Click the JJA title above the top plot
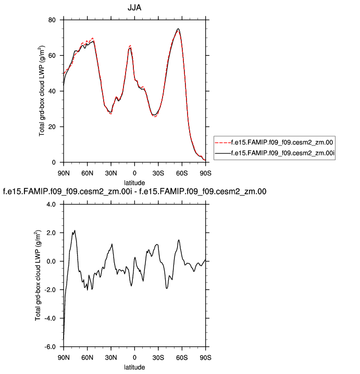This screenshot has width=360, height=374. (x=134, y=8)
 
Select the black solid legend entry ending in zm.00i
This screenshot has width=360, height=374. (x=276, y=153)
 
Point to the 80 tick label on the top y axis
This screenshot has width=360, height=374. (x=52, y=20)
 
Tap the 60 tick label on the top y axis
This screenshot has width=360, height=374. (x=52, y=55)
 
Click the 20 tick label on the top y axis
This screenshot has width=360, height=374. (x=52, y=127)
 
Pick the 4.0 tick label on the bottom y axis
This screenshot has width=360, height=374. (x=51, y=204)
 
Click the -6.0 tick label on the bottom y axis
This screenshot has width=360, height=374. (x=49, y=347)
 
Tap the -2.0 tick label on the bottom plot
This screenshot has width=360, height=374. (x=49, y=290)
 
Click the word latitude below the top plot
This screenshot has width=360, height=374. (x=134, y=182)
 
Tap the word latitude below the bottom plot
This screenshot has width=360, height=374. (x=134, y=367)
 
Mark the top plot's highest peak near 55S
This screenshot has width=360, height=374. (x=178, y=29)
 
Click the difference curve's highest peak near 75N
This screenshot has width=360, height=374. (x=75, y=231)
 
